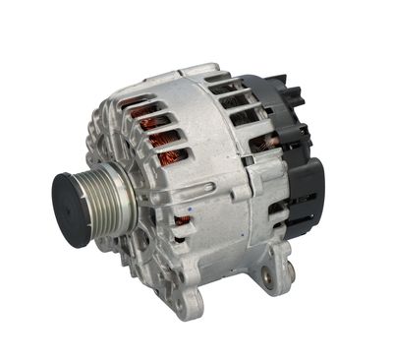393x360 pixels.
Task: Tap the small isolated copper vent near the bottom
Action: (181, 221)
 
